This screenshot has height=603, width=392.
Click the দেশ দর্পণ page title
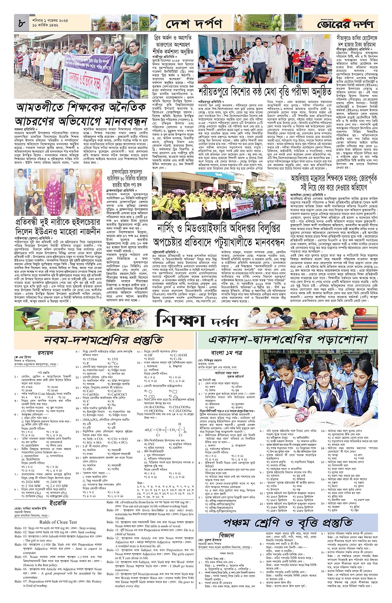pos(194,24)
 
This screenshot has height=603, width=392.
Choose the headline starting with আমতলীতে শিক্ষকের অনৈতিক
pos(81,114)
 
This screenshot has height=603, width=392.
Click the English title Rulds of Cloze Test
pos(58,522)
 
